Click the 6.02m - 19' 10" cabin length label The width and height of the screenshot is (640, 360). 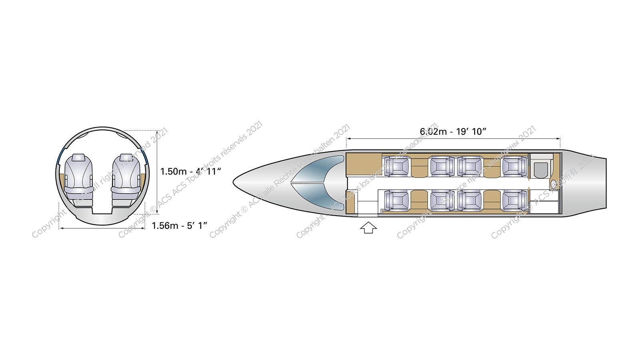tap(453, 132)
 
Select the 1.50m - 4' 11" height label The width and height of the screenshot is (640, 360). tap(191, 172)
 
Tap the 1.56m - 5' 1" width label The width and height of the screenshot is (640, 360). tap(180, 226)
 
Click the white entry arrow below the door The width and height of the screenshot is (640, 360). tap(368, 228)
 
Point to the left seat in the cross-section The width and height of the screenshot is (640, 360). tap(78, 179)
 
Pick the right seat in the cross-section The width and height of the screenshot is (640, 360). tap(126, 179)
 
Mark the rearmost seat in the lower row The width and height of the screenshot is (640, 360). tap(514, 200)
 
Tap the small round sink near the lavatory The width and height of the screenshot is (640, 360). tap(554, 184)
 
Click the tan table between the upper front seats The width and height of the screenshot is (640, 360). tap(419, 166)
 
